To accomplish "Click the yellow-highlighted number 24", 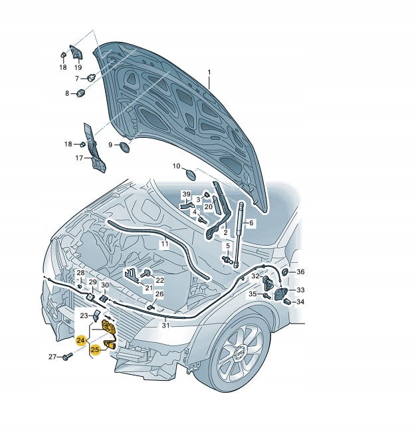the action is click(x=80, y=340).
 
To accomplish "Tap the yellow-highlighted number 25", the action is click(x=95, y=349).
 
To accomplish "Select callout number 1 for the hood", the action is click(x=209, y=73).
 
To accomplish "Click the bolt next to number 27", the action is click(x=66, y=356).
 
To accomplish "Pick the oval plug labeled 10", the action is click(x=190, y=174).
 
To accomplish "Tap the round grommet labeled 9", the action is click(x=124, y=146).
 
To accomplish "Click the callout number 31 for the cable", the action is click(x=165, y=325).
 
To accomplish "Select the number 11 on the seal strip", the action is click(x=165, y=244).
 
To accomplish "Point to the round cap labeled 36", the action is click(x=284, y=272).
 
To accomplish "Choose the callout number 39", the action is click(x=186, y=194).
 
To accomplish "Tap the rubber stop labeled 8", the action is click(x=81, y=93).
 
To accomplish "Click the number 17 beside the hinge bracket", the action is click(x=79, y=158).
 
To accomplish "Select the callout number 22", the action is click(x=160, y=280).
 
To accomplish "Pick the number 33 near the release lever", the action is click(x=300, y=290).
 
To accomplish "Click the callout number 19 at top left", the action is click(x=78, y=67).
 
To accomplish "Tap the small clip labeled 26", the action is click(x=151, y=307).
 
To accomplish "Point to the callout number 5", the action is click(x=228, y=246).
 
